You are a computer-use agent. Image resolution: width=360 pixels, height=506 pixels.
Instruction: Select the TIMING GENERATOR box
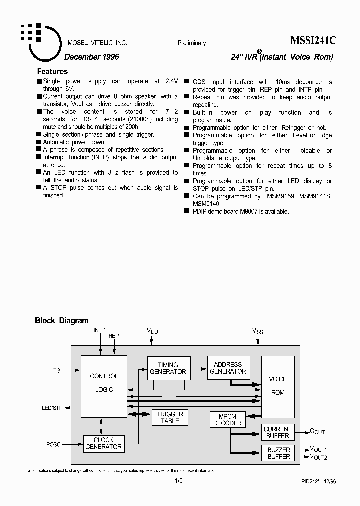(168, 368)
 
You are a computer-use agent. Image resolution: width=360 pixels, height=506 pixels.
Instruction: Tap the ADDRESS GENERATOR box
(228, 368)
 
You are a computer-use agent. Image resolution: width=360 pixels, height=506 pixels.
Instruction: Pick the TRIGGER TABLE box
(170, 417)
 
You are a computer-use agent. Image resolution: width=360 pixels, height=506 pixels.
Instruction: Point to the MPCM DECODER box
(227, 420)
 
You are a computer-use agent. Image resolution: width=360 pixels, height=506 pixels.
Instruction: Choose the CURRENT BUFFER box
(277, 432)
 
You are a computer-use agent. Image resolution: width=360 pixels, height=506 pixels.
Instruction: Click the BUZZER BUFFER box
(278, 453)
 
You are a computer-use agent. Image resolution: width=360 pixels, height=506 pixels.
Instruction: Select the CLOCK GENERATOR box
(103, 443)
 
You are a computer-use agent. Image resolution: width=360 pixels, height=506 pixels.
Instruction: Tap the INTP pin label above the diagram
(99, 330)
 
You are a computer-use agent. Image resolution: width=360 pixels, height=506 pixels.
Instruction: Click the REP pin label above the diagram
(114, 336)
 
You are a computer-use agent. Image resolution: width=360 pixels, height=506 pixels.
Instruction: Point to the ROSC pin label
(53, 444)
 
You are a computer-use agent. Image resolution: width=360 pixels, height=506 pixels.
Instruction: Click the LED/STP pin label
(52, 408)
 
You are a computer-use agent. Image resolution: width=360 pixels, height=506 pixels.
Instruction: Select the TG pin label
(57, 371)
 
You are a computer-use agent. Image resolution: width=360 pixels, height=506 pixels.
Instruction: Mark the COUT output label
(317, 432)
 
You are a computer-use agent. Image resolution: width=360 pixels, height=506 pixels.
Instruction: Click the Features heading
(52, 72)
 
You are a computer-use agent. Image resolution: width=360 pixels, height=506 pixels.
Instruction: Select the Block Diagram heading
(62, 321)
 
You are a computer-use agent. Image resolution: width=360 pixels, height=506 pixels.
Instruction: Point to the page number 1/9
(179, 481)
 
